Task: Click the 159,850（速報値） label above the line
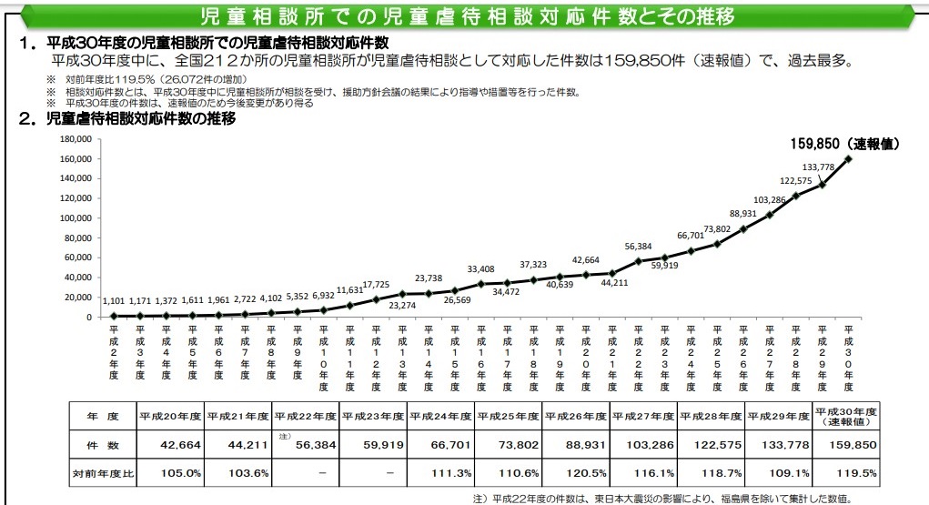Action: click(846, 144)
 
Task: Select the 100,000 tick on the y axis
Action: click(75, 218)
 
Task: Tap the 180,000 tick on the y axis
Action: click(75, 139)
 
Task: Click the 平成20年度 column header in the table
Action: click(169, 416)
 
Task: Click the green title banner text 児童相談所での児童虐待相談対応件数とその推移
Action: click(468, 17)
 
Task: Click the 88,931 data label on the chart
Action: click(743, 213)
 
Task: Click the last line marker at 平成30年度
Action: click(848, 159)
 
